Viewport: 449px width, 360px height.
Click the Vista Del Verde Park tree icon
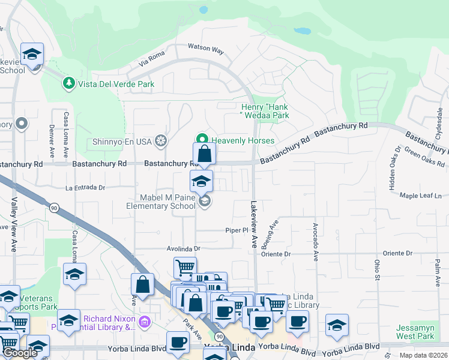70,82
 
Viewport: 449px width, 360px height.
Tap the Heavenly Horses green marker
202,140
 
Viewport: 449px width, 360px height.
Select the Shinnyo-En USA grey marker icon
161,141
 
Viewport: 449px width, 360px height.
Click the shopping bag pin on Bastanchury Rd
204,155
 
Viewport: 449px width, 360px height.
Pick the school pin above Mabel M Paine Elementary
201,182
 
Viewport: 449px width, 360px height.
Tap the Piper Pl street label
237,230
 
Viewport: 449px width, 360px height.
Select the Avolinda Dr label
183,248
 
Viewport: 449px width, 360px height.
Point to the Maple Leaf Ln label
420,196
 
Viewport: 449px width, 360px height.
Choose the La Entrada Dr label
85,188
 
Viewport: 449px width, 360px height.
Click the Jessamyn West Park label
415,332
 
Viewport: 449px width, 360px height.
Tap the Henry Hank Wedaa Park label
261,111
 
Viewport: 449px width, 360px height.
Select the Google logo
20,353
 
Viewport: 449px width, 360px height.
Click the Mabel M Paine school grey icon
205,201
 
